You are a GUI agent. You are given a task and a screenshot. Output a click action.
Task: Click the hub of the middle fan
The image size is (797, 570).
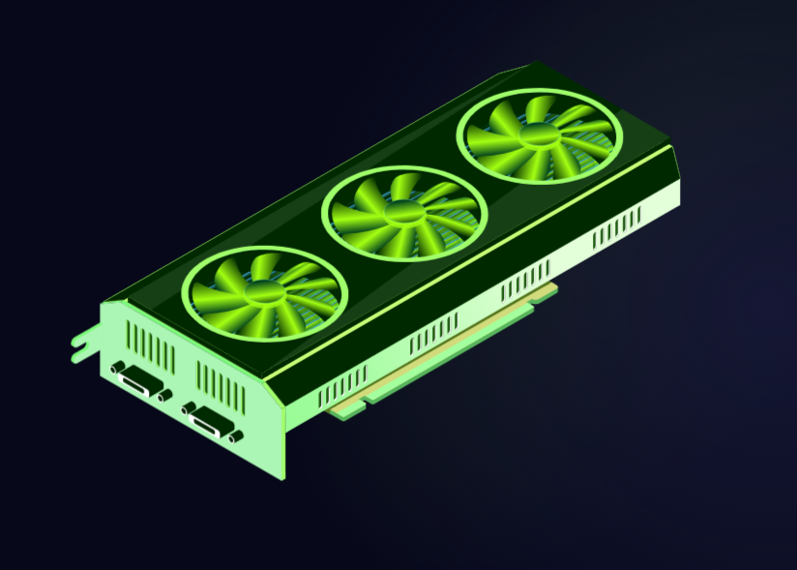401,213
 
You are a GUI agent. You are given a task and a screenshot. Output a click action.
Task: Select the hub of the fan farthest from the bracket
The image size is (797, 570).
538,135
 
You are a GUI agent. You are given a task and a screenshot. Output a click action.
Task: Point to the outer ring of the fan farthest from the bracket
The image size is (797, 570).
538,95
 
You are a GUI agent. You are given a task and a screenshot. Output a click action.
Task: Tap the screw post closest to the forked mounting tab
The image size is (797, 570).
117,369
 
